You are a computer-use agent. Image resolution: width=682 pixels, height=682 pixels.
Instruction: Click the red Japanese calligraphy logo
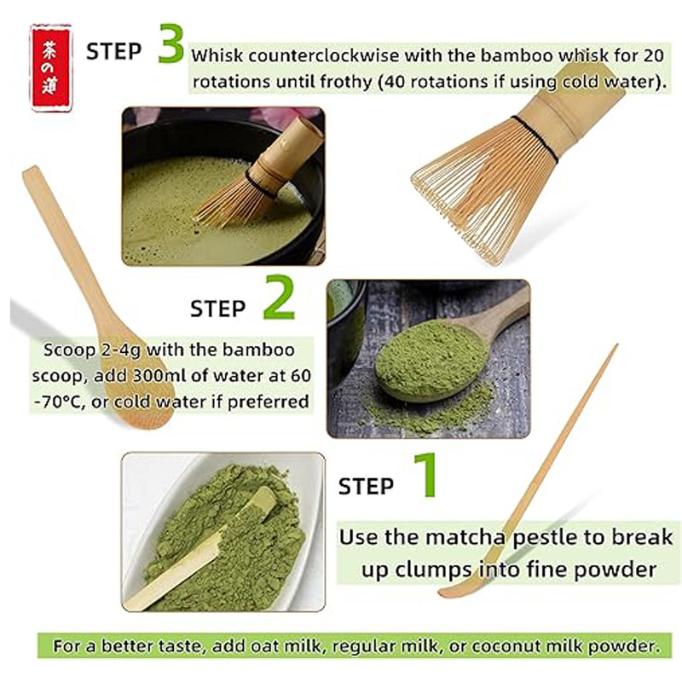[x=50, y=68]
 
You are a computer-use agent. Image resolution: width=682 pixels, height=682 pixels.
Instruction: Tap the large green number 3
[x=171, y=43]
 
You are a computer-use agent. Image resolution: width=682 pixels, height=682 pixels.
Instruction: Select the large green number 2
[x=280, y=298]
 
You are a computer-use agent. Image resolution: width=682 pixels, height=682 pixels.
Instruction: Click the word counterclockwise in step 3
[x=324, y=55]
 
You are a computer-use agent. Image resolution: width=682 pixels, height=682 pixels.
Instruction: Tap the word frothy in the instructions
[x=346, y=81]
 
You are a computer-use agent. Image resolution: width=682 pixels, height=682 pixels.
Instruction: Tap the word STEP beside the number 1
[x=366, y=486]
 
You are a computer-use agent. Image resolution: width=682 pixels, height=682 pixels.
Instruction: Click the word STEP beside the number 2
[x=217, y=309]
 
